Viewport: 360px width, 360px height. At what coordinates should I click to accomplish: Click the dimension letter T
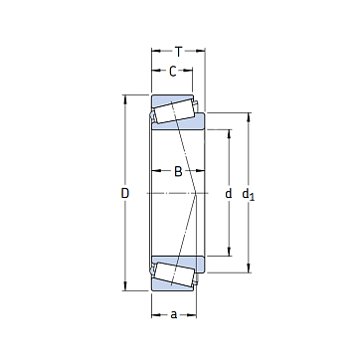pos(179,52)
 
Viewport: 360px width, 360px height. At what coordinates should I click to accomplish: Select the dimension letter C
pos(173,72)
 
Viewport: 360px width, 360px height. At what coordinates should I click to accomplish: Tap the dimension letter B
pos(178,171)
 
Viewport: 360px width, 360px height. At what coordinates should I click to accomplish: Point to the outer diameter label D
pos(124,193)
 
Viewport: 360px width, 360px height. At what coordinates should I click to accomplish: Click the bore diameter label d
pos(229,193)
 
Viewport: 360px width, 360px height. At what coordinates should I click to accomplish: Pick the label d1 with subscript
pos(249,195)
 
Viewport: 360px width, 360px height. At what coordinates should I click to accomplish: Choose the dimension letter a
pos(174,314)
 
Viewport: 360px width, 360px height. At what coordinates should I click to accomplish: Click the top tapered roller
pos(173,111)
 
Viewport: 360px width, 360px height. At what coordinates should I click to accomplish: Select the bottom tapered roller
pos(173,274)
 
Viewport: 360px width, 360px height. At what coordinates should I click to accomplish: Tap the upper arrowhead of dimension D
pos(125,99)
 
